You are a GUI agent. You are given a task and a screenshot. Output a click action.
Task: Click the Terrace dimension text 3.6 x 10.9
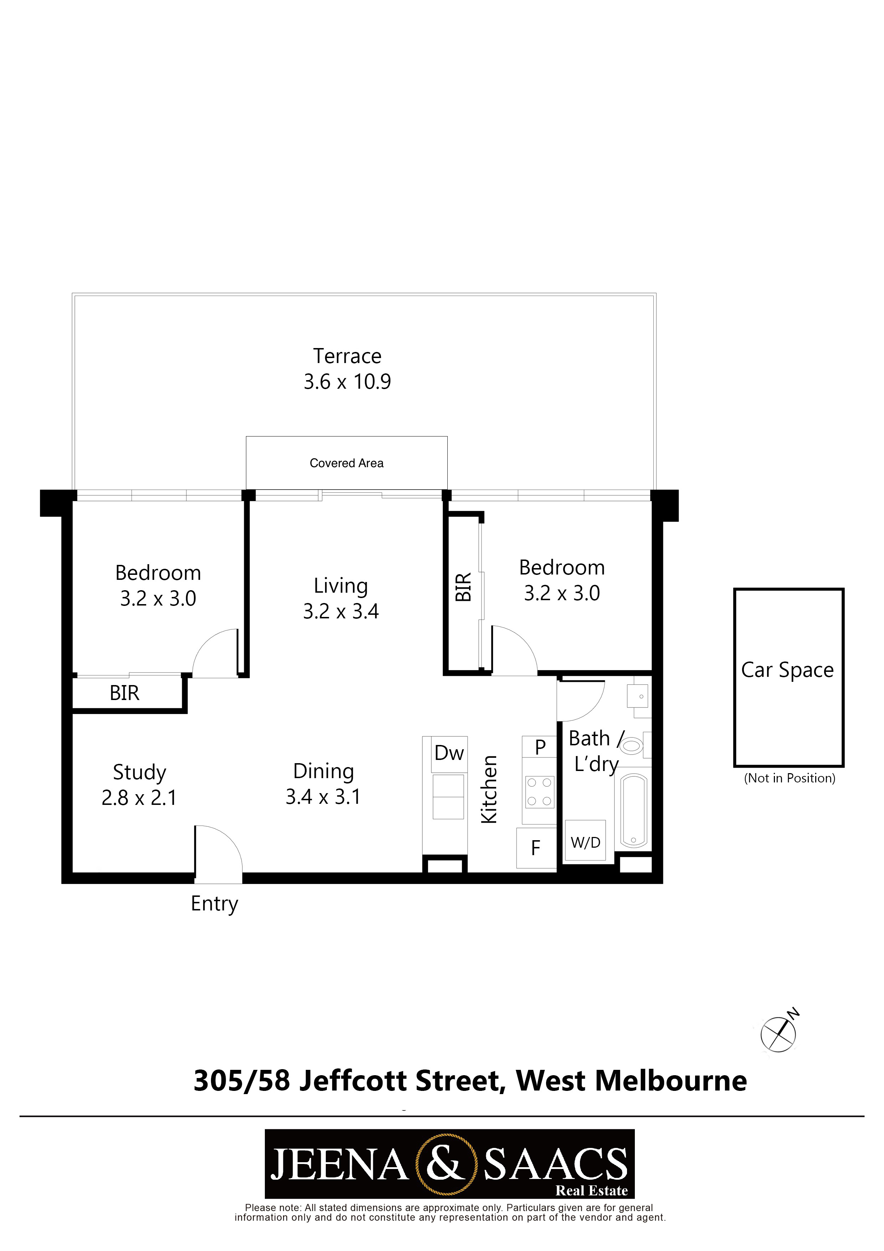pos(347,382)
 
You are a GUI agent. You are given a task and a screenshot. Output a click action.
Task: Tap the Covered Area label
pos(346,463)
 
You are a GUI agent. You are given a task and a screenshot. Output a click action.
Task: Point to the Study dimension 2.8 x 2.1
pos(139,798)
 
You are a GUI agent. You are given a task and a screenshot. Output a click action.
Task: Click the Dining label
pos(324,771)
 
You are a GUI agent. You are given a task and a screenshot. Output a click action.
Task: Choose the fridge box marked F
pos(536,848)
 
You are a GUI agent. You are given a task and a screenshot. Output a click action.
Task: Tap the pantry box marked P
pos(539,746)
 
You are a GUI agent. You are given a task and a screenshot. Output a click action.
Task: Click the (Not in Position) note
pos(789,778)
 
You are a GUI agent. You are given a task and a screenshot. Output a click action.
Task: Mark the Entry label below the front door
pos(215,904)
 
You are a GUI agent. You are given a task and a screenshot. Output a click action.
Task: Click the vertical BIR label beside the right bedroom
pos(463,587)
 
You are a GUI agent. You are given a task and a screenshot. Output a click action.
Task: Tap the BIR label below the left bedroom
pos(125,693)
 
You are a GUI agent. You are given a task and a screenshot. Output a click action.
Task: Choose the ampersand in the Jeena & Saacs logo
pos(446,1163)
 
